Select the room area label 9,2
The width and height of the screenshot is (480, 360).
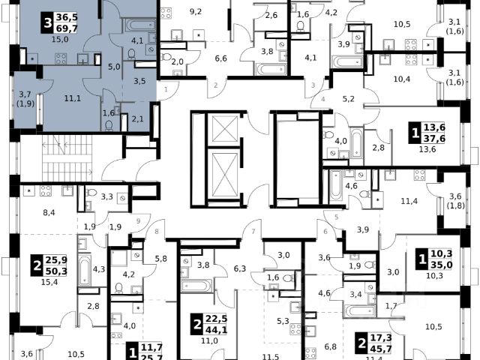coord(196,11)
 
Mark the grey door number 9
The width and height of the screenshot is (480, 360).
coord(139,220)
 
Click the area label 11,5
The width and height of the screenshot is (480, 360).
coord(259,355)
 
